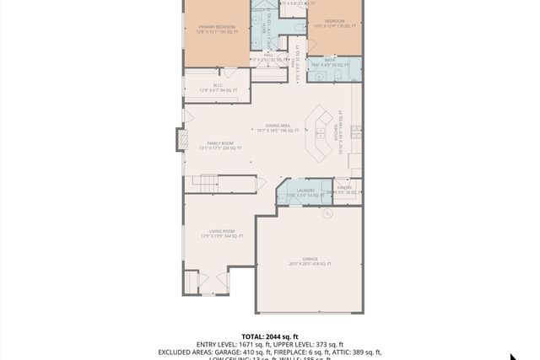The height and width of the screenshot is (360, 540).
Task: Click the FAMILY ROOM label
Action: (221, 143)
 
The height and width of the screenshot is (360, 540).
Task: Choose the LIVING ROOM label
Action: (223, 230)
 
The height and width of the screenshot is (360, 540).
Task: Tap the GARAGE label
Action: (309, 258)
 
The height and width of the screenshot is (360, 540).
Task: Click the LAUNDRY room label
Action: (305, 191)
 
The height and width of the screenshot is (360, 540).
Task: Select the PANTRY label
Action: (344, 187)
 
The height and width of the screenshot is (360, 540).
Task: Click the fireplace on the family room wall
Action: (180, 140)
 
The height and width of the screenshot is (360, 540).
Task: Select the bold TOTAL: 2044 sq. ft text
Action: (270, 336)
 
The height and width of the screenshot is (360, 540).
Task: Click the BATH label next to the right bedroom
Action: (330, 60)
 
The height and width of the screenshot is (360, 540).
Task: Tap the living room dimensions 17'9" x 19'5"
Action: (223, 236)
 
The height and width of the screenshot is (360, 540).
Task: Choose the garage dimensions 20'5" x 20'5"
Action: (309, 264)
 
